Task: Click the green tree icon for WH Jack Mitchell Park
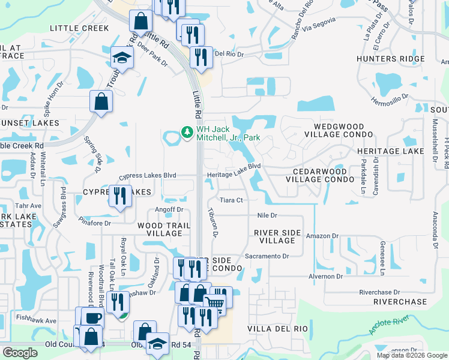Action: [187, 131]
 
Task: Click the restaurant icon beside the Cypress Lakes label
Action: [119, 195]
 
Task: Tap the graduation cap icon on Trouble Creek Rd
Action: [122, 58]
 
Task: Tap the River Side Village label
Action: [274, 236]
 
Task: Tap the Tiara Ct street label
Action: [231, 200]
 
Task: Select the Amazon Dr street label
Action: [322, 236]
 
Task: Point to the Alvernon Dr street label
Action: [325, 277]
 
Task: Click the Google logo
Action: [20, 353]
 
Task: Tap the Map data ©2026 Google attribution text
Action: [411, 355]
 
